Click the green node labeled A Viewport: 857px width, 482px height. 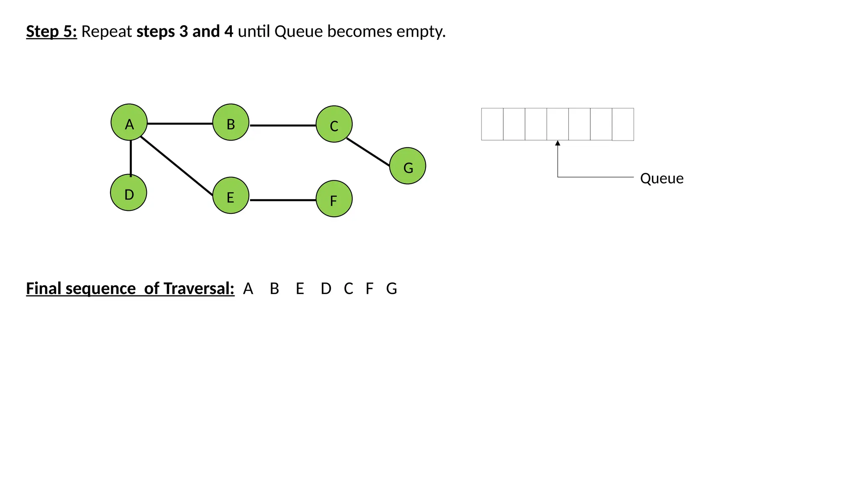(129, 122)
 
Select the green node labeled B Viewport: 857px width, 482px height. (231, 122)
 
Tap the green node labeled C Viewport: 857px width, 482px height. (334, 124)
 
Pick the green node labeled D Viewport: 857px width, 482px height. (128, 192)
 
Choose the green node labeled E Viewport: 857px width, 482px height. (231, 195)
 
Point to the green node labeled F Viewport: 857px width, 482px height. (334, 199)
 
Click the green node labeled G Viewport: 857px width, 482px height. (408, 166)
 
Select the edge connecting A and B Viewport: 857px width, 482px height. (180, 123)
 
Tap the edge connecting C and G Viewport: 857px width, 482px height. (368, 152)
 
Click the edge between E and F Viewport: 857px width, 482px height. (283, 200)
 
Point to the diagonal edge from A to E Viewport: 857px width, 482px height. (177, 166)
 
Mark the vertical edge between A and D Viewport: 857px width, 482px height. (131, 158)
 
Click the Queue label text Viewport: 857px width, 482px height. (662, 179)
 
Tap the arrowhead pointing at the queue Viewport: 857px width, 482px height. (557, 143)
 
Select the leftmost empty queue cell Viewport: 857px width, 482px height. (492, 124)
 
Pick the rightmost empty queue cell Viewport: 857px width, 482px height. (623, 124)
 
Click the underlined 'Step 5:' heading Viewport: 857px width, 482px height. (51, 31)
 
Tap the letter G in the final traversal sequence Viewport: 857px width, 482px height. (391, 288)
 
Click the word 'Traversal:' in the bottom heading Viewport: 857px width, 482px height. (199, 288)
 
